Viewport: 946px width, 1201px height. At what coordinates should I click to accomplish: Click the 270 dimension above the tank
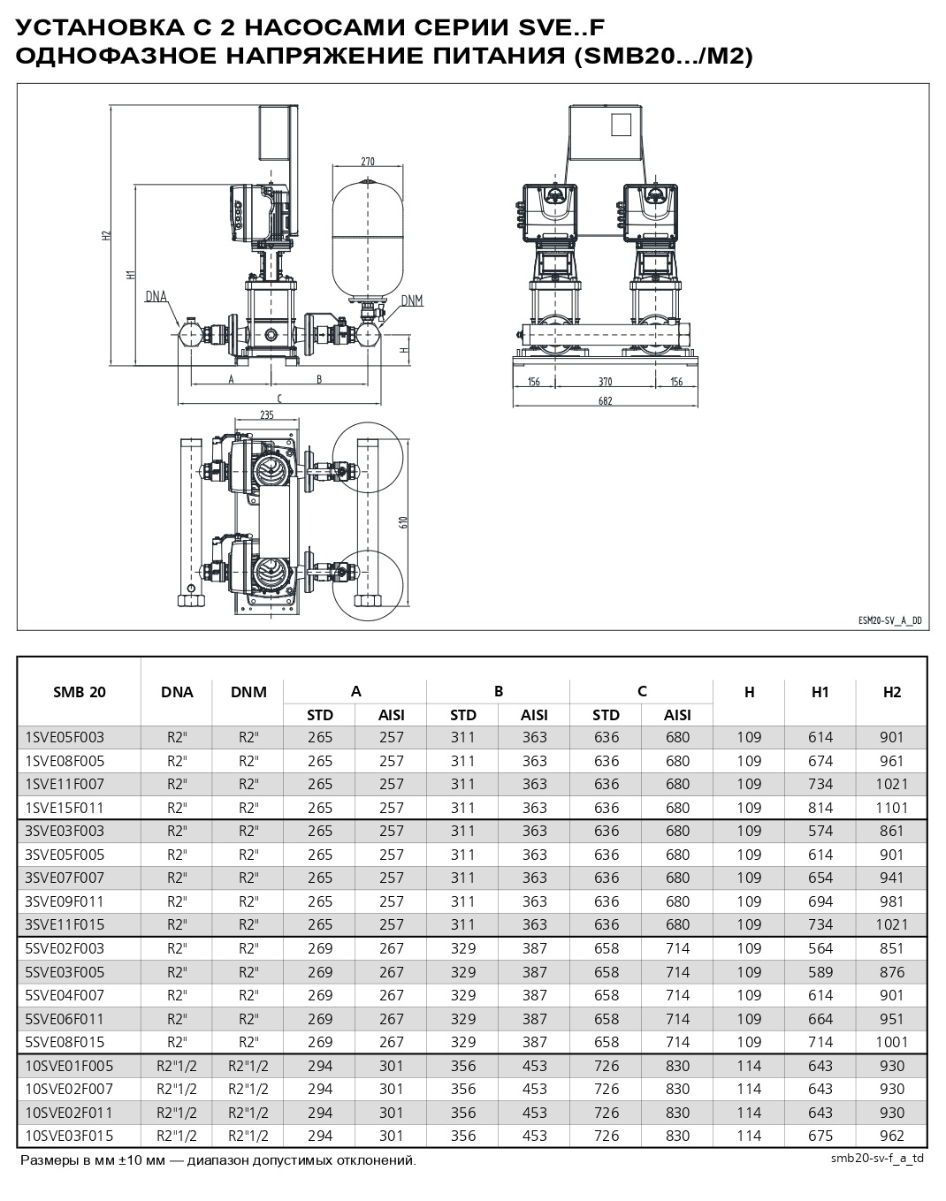pos(368,162)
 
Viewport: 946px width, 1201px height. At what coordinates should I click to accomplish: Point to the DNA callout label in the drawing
pos(156,297)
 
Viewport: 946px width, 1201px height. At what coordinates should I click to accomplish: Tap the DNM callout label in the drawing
pos(412,300)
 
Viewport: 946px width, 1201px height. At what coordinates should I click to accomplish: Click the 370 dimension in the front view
pos(605,382)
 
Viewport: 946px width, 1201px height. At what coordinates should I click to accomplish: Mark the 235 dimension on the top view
pos(267,414)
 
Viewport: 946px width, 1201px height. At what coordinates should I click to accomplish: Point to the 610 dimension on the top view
pos(404,521)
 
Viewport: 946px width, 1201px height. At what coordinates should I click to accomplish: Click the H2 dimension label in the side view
pos(106,236)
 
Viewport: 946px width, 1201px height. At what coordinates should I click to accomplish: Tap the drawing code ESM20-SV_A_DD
pos(889,620)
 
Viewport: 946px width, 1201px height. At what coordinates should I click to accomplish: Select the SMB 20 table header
pos(80,692)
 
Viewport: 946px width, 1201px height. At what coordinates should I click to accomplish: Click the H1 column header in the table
pos(820,692)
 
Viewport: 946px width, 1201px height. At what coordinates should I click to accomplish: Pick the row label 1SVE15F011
pos(65,807)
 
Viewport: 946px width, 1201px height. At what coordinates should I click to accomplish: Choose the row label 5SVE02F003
pos(65,948)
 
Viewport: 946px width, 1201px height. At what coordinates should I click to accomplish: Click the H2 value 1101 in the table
pos(892,807)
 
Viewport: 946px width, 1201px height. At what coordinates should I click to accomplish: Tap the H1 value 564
pos(820,948)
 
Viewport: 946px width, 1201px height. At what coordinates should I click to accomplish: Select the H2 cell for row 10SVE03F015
pos(892,1136)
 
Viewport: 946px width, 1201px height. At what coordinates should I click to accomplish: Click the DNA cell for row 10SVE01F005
pos(177,1066)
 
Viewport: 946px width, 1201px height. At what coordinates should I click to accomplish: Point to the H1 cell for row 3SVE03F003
pos(820,831)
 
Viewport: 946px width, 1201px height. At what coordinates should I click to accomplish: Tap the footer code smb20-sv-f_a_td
pos(877,1158)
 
